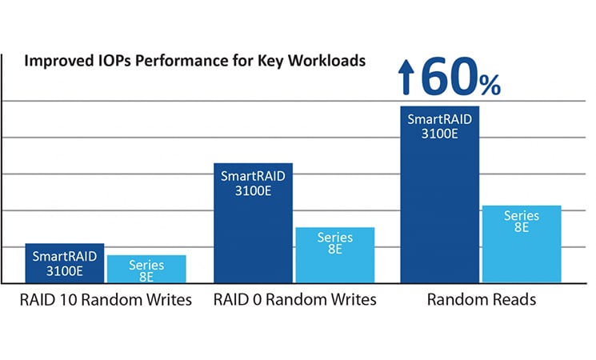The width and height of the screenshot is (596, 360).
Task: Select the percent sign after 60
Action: (x=489, y=83)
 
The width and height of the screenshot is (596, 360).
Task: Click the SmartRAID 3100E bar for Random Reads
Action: (x=439, y=208)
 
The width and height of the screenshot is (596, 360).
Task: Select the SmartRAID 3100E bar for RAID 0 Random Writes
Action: (x=254, y=232)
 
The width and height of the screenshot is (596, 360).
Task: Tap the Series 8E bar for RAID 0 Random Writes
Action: (x=334, y=260)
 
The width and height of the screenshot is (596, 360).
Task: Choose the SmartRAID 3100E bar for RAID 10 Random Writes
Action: (x=64, y=271)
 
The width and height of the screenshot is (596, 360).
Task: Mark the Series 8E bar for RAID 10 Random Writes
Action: (x=146, y=274)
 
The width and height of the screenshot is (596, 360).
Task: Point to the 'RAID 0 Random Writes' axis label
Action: (x=294, y=302)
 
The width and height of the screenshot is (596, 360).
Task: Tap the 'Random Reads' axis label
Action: (x=481, y=302)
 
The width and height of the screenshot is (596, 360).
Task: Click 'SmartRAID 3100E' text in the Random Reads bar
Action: (x=439, y=126)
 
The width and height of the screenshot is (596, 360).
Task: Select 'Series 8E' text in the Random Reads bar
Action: (x=521, y=222)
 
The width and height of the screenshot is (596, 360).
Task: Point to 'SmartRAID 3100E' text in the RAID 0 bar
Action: (x=254, y=183)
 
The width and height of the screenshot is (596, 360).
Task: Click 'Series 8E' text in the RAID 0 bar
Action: (x=334, y=243)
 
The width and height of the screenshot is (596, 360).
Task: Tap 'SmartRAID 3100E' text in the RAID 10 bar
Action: (x=64, y=263)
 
